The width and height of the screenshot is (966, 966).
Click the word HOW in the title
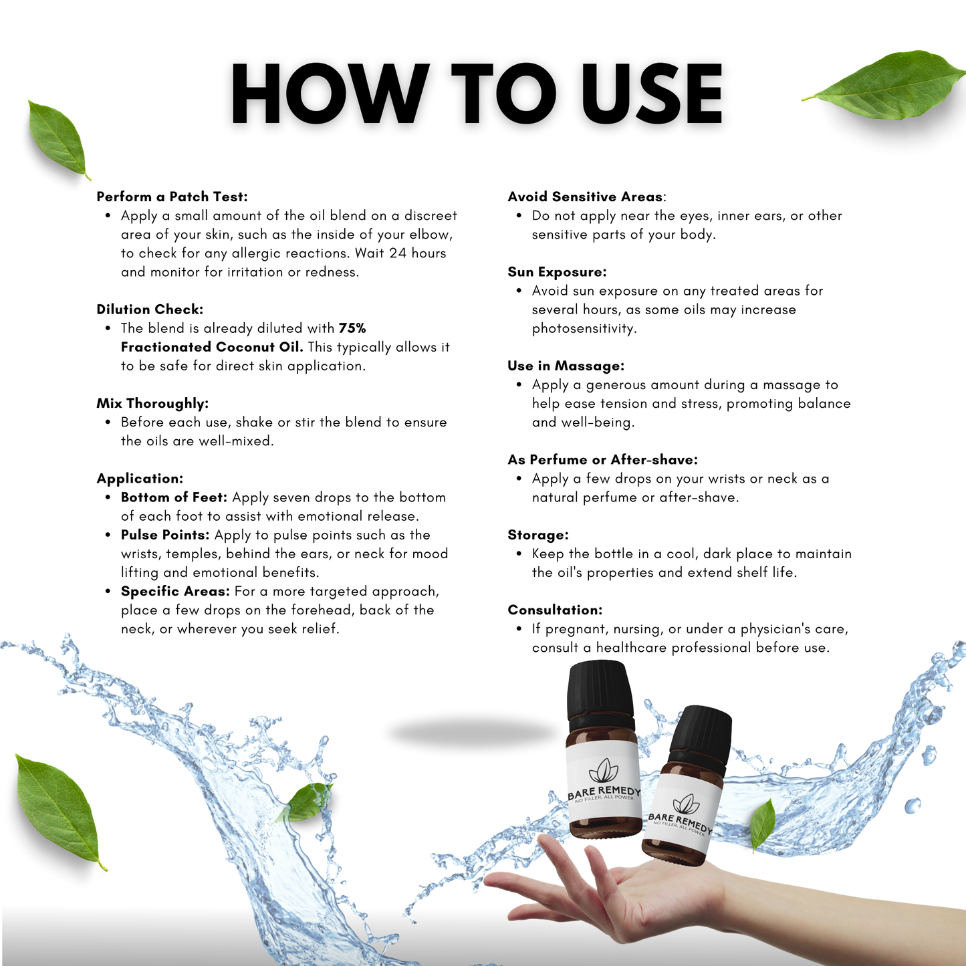[x=330, y=93]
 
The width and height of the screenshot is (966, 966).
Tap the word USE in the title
[x=652, y=93]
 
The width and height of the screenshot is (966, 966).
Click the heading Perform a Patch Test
[x=172, y=197]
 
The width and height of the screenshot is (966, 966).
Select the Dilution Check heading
[x=150, y=310]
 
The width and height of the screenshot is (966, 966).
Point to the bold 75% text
[x=352, y=328]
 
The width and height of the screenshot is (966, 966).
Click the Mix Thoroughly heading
[x=152, y=404]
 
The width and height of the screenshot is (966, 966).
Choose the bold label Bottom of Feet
[x=174, y=497]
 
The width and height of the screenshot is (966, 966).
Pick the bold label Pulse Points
[x=165, y=535]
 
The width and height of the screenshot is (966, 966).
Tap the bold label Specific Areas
[x=175, y=592]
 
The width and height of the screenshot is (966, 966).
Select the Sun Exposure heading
[x=557, y=272]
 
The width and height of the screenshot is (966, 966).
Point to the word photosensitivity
[x=584, y=329]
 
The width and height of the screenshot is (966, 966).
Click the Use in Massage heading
[x=566, y=366]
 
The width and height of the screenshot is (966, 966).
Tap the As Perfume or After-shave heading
[x=602, y=460]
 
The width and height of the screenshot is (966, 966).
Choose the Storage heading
[x=538, y=535]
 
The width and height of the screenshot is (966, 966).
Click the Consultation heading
[x=555, y=610]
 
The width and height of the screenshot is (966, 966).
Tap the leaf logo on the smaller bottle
[x=687, y=804]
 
